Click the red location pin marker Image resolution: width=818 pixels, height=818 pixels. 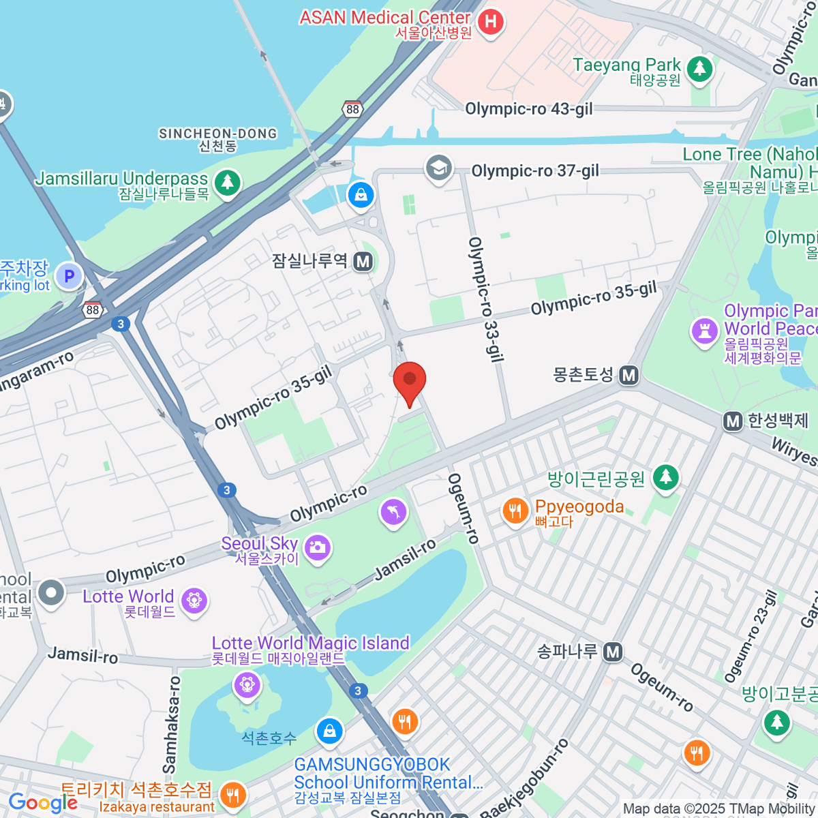[x=410, y=382]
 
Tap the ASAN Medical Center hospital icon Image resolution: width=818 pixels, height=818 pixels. [x=490, y=22]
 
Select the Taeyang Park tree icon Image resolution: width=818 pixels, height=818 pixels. [x=699, y=69]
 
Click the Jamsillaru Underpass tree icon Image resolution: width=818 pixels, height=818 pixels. [x=227, y=183]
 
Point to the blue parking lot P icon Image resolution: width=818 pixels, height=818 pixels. [x=68, y=277]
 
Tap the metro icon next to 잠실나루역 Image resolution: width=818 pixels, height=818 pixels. [x=363, y=261]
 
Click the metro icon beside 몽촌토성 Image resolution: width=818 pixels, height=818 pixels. [x=629, y=375]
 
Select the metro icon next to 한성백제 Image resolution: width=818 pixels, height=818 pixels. [x=733, y=421]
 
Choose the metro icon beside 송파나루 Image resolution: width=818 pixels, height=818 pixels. [x=613, y=652]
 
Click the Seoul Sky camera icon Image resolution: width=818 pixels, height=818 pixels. [x=317, y=547]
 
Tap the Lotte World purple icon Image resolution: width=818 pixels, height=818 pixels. [x=194, y=601]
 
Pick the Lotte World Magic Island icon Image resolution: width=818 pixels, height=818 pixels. [x=246, y=684]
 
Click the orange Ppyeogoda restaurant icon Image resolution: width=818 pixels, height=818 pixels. [x=515, y=511]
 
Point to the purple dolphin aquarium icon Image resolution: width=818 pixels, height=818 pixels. [x=393, y=512]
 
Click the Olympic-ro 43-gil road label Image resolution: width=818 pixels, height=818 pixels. [x=528, y=109]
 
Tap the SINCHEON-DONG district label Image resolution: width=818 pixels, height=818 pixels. [x=217, y=134]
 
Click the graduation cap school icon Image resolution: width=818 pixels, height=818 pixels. [x=438, y=168]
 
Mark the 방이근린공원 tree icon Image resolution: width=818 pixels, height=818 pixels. [x=666, y=477]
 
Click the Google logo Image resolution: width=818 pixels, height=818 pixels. [x=42, y=802]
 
